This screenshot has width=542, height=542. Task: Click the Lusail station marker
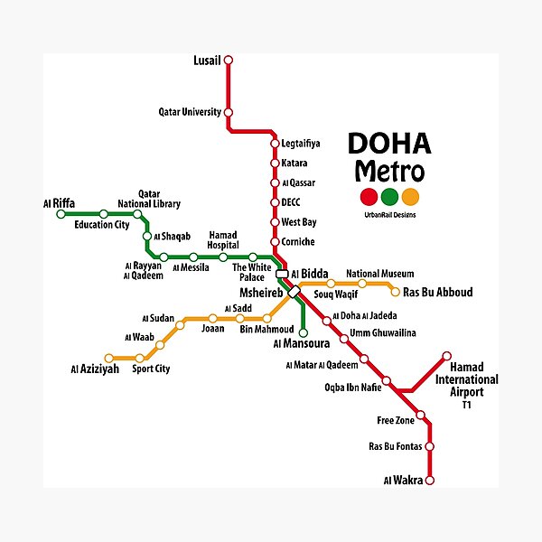pos(228,61)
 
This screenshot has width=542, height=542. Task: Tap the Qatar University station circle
pos(228,112)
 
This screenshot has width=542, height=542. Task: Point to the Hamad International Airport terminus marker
pos(446,356)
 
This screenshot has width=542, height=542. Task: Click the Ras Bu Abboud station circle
pos(395,292)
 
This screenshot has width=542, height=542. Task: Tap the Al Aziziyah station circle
pos(109,359)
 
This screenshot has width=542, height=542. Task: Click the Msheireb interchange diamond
pos(294,293)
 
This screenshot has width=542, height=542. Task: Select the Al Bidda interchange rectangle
pos(282,274)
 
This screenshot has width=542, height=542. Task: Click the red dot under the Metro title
pos(368,197)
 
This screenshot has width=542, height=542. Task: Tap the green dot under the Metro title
pos(389,197)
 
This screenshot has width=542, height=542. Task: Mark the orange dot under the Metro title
pos(411,197)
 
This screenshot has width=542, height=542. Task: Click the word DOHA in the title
pos(389,145)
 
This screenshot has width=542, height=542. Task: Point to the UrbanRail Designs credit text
pos(389,213)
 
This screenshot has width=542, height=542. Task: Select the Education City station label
pos(102,225)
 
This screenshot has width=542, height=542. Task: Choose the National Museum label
pos(379,273)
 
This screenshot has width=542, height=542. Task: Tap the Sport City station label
pos(151,369)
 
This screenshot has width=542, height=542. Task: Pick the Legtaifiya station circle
pos(275,144)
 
